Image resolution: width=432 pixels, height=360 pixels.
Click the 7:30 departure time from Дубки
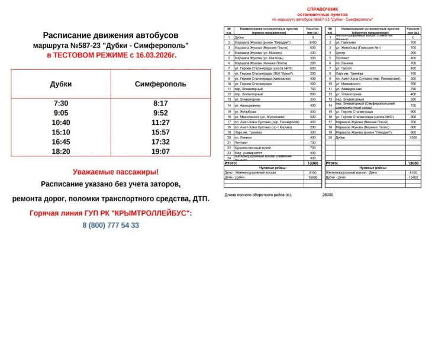point(61,104)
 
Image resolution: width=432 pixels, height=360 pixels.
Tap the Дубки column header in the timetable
point(61,84)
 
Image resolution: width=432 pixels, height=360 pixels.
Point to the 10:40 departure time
point(61,123)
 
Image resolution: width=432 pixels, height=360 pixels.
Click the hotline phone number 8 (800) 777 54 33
point(111,225)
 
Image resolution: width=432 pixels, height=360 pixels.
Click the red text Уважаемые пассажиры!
point(115,172)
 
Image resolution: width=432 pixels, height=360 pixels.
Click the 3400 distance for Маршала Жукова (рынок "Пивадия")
point(313,43)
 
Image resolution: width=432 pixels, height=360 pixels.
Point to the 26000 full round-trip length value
point(328,194)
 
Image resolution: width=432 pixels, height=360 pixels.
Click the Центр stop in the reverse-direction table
point(340,53)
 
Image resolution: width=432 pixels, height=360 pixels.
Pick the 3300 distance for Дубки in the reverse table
point(413,137)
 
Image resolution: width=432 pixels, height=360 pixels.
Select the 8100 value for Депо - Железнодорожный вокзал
point(313,172)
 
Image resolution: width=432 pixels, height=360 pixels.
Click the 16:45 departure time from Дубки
point(61,142)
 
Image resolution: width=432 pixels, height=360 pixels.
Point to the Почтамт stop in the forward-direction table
point(243,142)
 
